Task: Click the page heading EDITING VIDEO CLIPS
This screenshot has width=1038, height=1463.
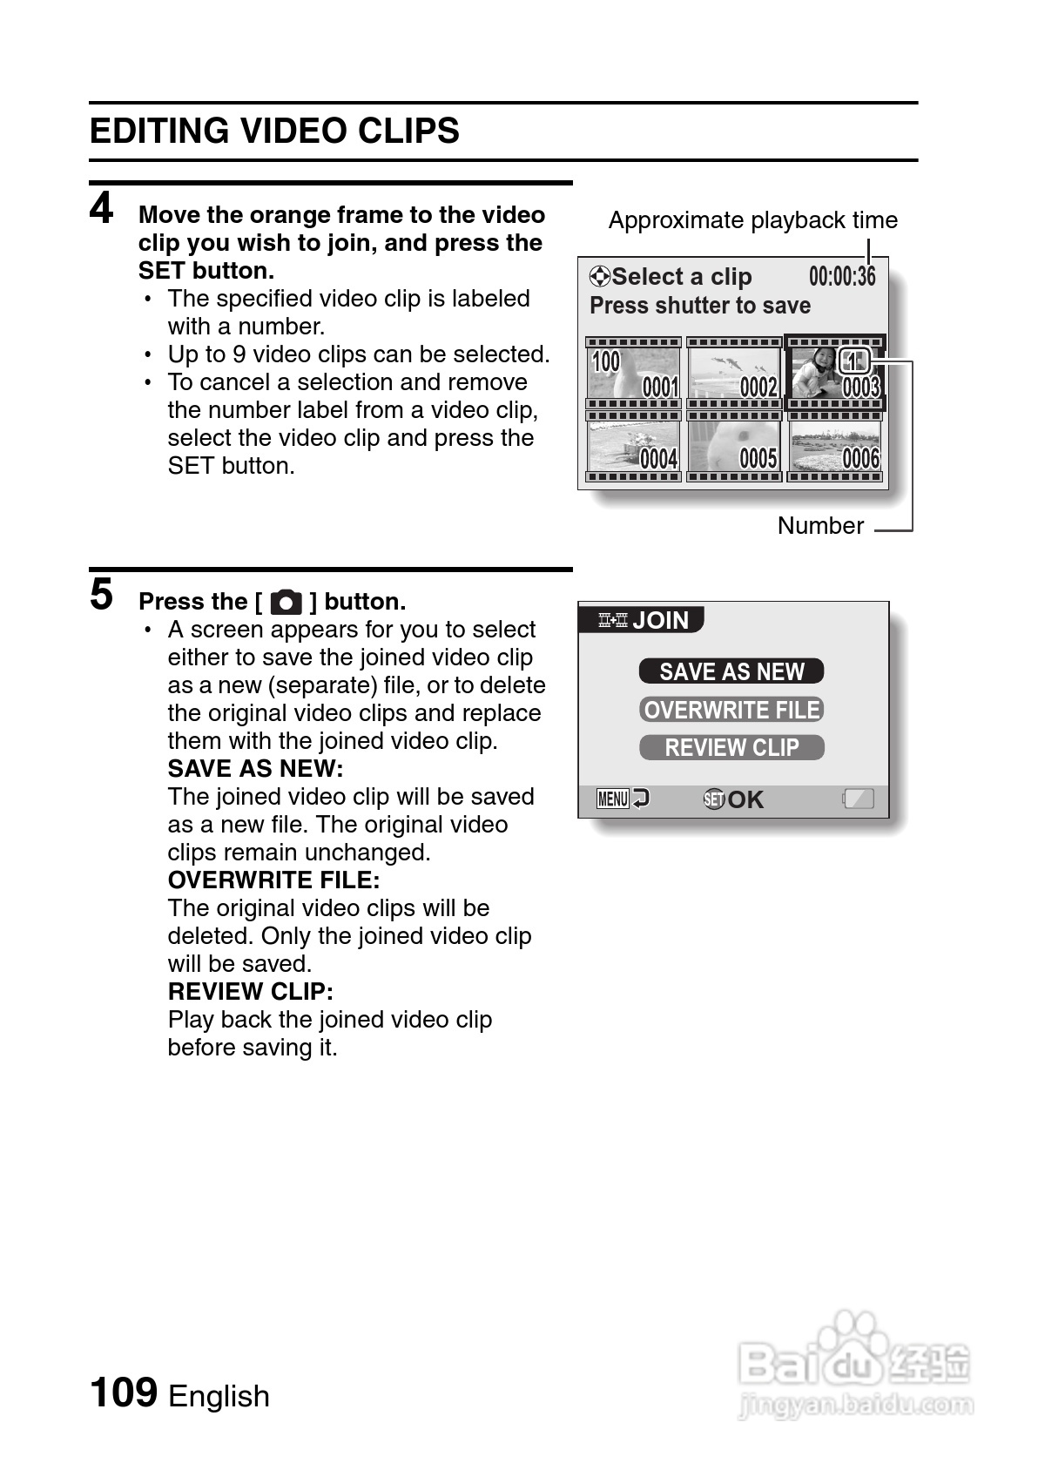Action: coord(274,131)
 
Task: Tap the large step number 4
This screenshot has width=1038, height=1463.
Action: coord(102,209)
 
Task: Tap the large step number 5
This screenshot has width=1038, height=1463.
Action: coord(102,595)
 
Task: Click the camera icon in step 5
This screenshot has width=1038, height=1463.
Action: coord(286,602)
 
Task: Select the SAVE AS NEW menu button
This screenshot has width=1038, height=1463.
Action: coord(731,671)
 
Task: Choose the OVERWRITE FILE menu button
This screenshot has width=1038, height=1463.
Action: coord(731,710)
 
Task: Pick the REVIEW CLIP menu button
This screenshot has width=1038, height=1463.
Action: coord(731,748)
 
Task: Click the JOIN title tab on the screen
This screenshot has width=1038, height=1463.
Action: coord(644,620)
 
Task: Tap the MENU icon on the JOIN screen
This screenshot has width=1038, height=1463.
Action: coord(614,799)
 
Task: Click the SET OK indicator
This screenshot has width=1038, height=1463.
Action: coord(733,799)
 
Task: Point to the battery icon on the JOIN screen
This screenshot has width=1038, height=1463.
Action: coord(859,799)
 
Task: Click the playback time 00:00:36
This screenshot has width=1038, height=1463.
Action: coord(842,277)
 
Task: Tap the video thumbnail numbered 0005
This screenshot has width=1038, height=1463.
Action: coord(734,446)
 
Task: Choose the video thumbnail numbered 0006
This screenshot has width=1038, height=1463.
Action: coord(835,446)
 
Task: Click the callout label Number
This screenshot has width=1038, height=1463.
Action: coord(820,526)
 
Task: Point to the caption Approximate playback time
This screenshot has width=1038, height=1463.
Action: coord(752,220)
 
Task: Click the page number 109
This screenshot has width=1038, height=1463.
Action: coord(124,1392)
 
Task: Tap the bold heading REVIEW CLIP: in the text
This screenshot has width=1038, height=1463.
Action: coord(251,992)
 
